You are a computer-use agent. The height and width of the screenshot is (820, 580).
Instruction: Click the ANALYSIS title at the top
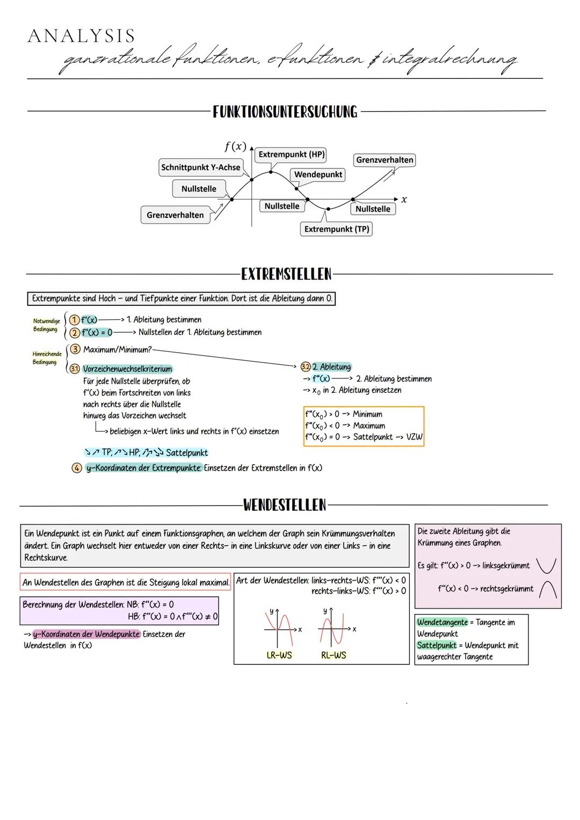pos(81,36)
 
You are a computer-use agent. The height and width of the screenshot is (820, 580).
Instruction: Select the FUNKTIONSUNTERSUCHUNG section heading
pos(285,112)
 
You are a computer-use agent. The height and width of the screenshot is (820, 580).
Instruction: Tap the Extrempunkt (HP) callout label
pos(291,155)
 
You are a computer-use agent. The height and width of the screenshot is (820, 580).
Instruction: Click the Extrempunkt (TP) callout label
pos(336,229)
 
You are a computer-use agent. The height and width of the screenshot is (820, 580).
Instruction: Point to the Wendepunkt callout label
pos(318,174)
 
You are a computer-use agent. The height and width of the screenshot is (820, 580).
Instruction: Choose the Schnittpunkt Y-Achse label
pos(200,167)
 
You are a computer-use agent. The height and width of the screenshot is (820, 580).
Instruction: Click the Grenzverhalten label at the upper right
pos(385,160)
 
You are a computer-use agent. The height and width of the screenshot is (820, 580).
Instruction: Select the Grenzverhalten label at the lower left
pos(175,215)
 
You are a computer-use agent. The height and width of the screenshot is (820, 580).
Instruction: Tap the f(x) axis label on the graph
pos(235,146)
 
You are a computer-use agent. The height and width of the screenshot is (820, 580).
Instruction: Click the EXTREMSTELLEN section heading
pos(286,274)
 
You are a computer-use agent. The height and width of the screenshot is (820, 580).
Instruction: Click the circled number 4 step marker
pos(77,468)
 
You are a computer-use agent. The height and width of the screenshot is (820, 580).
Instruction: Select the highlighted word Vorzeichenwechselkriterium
pos(127,369)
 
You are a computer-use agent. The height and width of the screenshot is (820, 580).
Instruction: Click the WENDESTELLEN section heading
pos(285,505)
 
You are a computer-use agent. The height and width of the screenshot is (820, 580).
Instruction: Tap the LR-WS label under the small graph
pos(279,655)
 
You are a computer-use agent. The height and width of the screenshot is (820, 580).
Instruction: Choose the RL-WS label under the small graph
pos(333,655)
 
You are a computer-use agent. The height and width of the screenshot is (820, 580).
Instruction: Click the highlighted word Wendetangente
pos(442,623)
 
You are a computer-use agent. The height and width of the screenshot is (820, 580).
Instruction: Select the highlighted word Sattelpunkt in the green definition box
pos(436,646)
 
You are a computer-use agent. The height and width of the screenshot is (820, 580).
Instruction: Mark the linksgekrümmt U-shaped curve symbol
pos(547,565)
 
